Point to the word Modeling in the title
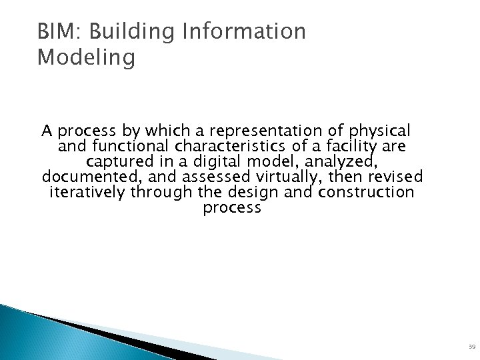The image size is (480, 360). [x=86, y=58]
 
